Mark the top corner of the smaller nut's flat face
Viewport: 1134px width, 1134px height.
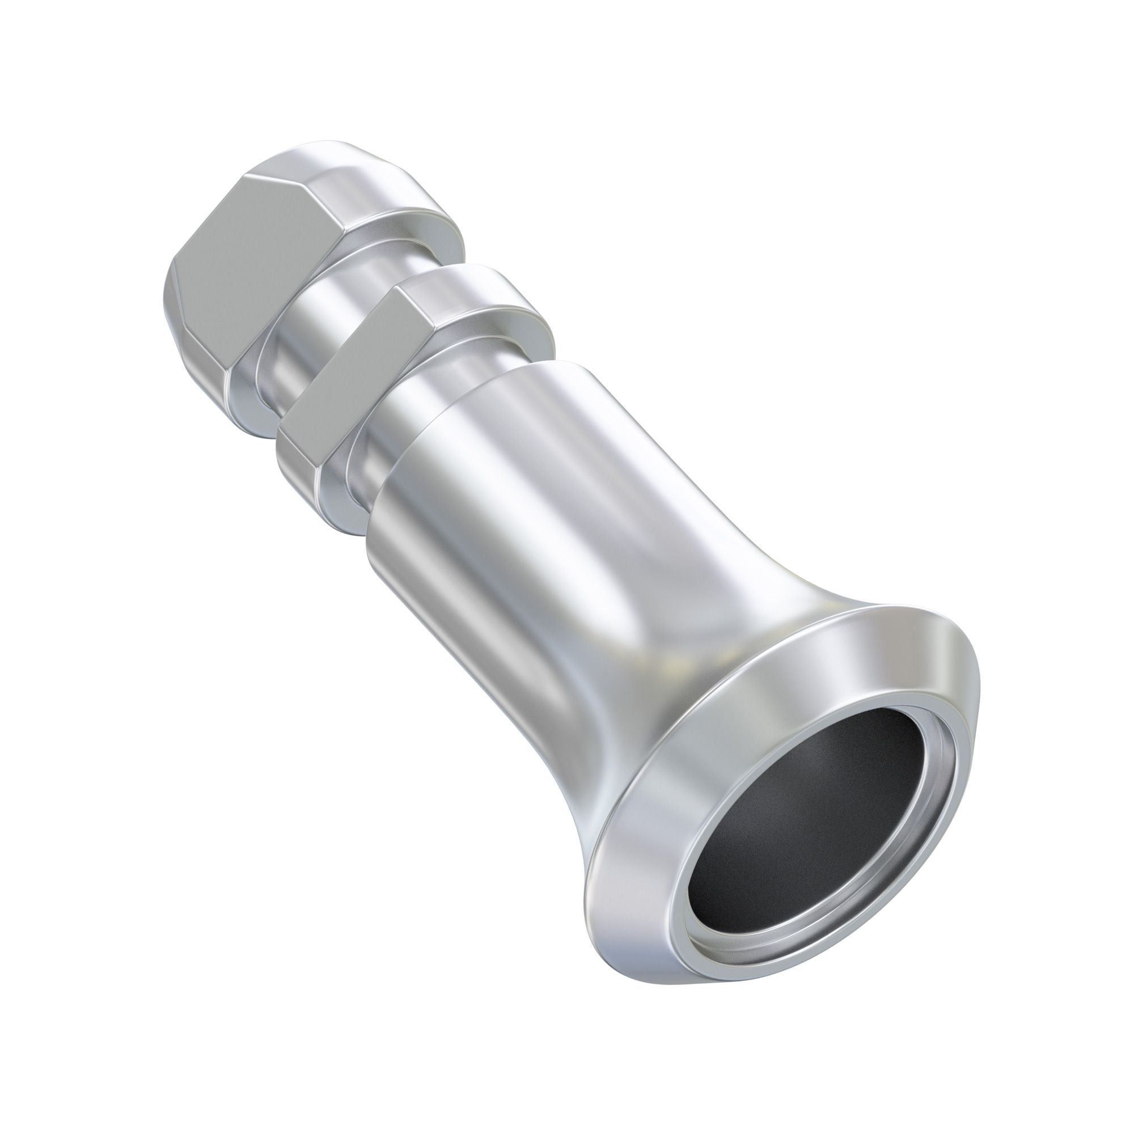tap(403, 287)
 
